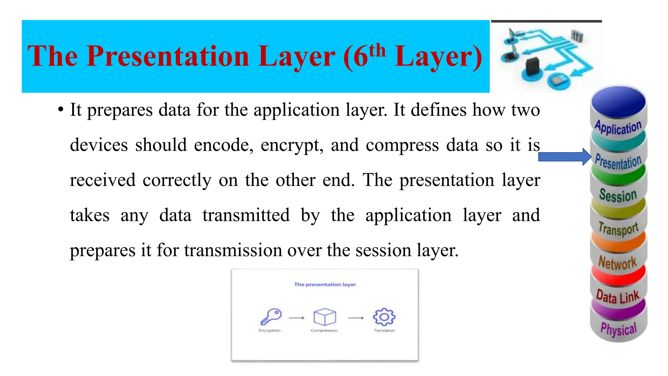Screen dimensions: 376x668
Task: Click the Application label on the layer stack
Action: click(x=618, y=127)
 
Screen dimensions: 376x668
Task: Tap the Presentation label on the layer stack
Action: click(x=618, y=162)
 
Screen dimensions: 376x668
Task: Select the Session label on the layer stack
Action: click(x=618, y=195)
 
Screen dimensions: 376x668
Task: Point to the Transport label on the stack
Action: click(x=618, y=228)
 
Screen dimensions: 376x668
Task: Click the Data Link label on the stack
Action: click(x=617, y=296)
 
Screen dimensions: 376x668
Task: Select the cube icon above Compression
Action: click(x=325, y=317)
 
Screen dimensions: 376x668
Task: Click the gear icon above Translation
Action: click(x=384, y=317)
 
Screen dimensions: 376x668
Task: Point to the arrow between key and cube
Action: click(x=296, y=318)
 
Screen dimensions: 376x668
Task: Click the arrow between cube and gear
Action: click(x=356, y=318)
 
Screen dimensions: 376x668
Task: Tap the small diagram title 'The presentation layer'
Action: click(x=325, y=284)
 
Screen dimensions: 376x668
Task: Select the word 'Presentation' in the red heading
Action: click(x=168, y=56)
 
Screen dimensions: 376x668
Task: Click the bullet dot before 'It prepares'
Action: click(x=60, y=110)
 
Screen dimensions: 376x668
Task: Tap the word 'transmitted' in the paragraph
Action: click(x=246, y=215)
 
